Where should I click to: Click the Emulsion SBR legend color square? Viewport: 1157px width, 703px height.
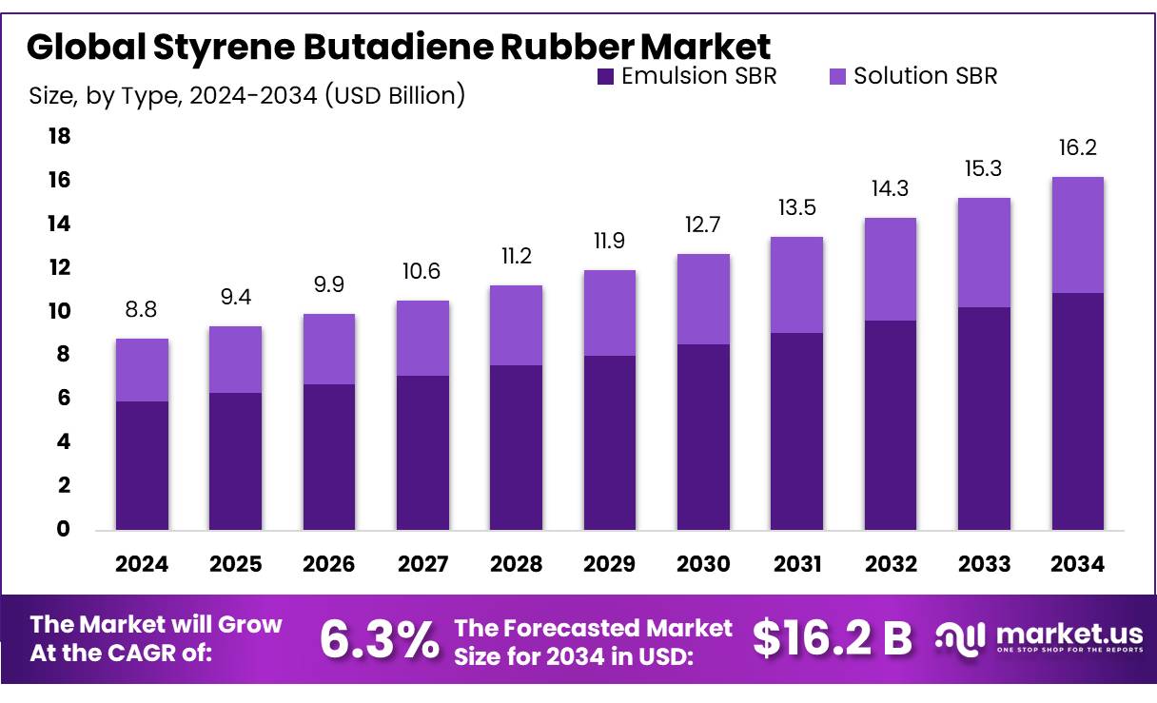pos(606,77)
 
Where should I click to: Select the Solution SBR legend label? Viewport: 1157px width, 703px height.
pos(925,76)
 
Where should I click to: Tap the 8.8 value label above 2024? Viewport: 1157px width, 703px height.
pos(142,309)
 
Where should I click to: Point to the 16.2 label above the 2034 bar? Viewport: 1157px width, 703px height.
pos(1078,147)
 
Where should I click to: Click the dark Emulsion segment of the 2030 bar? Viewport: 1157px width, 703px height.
pos(703,437)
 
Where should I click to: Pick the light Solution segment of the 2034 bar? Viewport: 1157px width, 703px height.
pos(1078,235)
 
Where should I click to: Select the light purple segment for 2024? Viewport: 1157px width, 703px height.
pos(142,370)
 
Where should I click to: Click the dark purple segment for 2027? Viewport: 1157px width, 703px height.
pos(422,453)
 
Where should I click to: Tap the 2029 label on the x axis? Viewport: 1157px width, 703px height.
pos(610,564)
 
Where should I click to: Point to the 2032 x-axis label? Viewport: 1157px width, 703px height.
pos(891,564)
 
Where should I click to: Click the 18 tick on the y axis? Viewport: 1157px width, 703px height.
pos(59,137)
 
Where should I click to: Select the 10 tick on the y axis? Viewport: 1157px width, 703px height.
pos(59,311)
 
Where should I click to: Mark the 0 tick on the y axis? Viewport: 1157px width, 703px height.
pos(64,529)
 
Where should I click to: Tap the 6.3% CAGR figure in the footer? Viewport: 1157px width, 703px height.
pos(379,638)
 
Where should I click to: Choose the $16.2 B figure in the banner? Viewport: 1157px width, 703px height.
pos(832,638)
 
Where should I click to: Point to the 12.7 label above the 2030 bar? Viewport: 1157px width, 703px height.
pos(703,225)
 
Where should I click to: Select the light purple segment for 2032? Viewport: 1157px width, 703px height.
pos(891,269)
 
